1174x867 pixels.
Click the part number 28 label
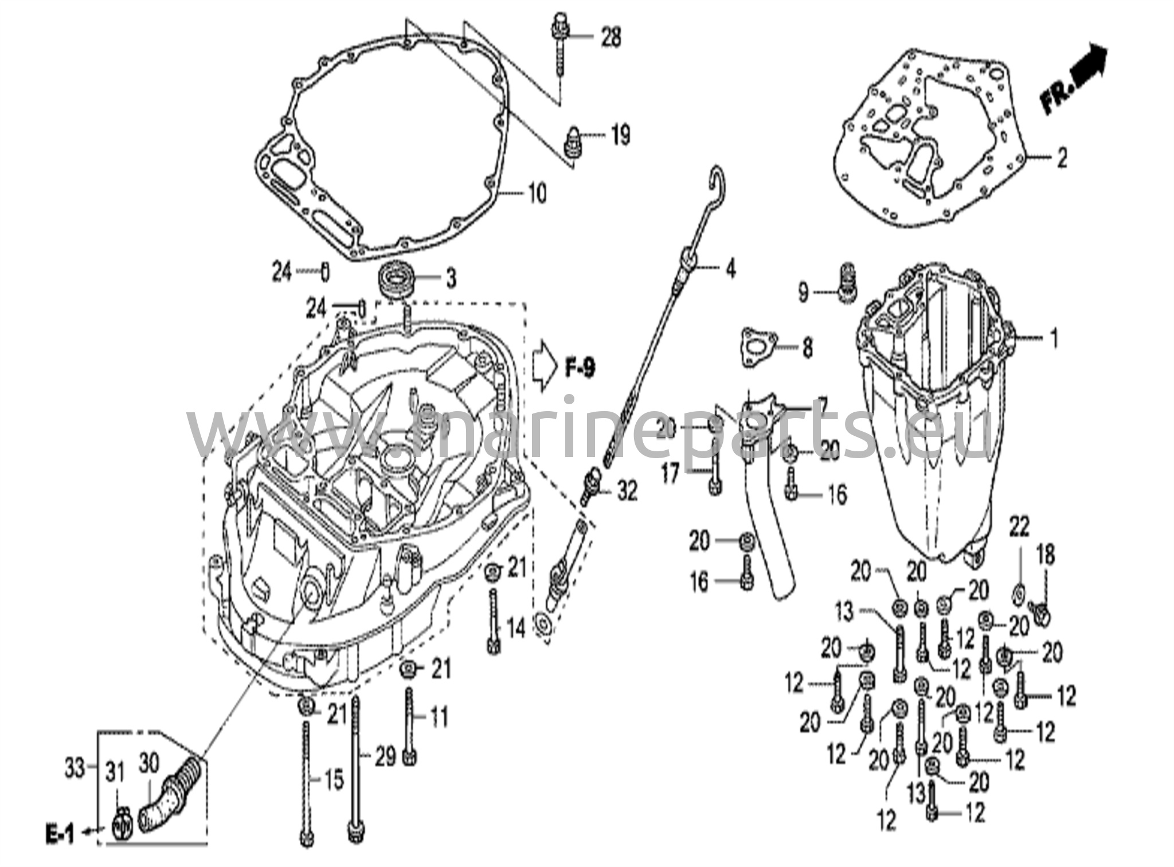click(x=611, y=38)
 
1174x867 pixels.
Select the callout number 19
click(x=620, y=135)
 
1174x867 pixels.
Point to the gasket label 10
click(x=537, y=194)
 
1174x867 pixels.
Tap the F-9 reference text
click(x=580, y=368)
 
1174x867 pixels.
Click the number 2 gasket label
click(x=1062, y=158)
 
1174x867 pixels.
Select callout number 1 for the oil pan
click(x=1054, y=338)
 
